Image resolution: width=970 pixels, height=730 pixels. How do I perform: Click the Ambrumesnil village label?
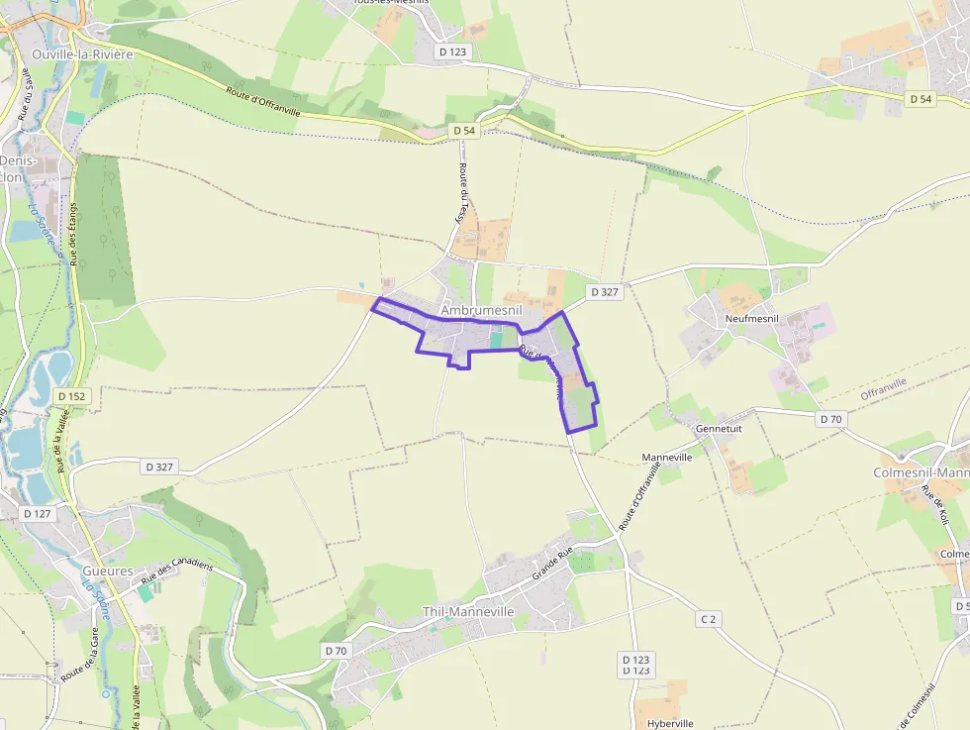click(x=480, y=310)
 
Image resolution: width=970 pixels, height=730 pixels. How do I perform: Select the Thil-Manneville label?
click(x=468, y=612)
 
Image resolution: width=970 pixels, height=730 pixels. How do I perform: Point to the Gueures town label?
click(x=108, y=572)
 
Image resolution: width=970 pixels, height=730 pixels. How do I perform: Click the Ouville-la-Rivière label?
click(x=82, y=54)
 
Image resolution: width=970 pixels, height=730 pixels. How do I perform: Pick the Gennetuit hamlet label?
click(x=719, y=428)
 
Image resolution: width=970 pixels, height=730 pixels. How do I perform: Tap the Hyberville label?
click(x=664, y=723)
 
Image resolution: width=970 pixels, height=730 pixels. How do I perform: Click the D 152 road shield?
click(x=73, y=396)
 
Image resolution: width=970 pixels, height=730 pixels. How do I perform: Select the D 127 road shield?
click(x=36, y=513)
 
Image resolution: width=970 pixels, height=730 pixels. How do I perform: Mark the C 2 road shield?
click(x=708, y=619)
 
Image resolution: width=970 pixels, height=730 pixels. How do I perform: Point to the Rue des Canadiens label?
click(x=177, y=572)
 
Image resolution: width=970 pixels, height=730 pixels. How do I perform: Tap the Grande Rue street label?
click(x=553, y=566)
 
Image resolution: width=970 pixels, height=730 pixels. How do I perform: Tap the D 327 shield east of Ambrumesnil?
click(x=603, y=292)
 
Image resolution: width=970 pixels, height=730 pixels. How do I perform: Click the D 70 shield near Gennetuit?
click(x=830, y=419)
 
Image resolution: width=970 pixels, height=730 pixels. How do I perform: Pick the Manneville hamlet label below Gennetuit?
click(x=667, y=457)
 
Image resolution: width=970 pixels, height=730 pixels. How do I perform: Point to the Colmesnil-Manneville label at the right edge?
click(x=921, y=472)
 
